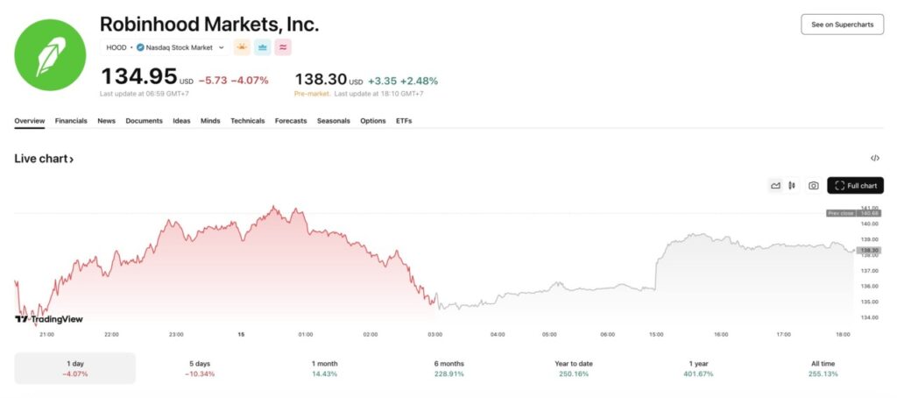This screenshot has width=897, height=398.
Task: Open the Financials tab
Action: point(71,121)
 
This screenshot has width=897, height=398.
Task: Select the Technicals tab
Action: point(247,121)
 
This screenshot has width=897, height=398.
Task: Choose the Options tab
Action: point(372,121)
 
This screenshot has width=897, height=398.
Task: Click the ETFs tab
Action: point(404,121)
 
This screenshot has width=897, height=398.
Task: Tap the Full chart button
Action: point(855,186)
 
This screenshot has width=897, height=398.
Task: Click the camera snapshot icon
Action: point(813,186)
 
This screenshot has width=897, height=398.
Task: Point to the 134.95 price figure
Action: point(139,78)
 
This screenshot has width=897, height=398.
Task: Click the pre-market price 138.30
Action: point(322,80)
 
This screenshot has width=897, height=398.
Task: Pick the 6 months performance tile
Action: point(448,368)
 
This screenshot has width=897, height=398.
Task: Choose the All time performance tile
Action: point(823,368)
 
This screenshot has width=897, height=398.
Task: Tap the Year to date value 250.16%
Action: point(573,374)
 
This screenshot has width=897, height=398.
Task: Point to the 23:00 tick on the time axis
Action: point(176,334)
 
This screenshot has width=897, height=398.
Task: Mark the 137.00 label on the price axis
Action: point(870,271)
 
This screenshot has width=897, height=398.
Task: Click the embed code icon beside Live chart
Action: point(874,159)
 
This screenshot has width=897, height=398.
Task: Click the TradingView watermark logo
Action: point(49,319)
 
